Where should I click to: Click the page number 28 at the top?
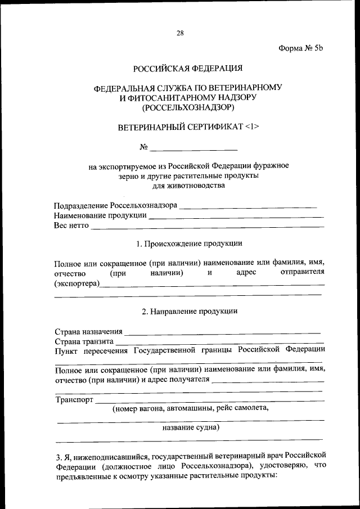point(180,33)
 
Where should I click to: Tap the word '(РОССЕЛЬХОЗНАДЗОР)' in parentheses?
point(188,107)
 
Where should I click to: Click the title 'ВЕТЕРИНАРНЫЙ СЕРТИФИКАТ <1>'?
point(188,127)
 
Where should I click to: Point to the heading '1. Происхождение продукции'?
point(190,244)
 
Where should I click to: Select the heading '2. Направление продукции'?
point(190,311)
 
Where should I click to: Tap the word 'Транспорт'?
point(74,400)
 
